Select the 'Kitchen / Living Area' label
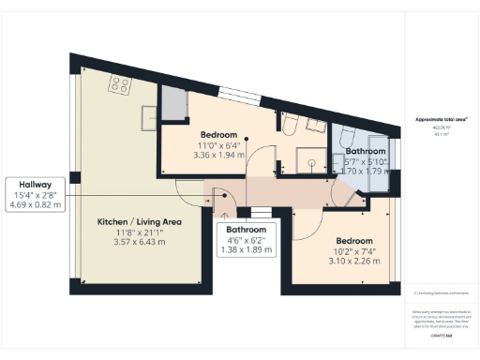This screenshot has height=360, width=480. (x=140, y=222)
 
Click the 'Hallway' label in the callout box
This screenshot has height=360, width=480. (x=36, y=185)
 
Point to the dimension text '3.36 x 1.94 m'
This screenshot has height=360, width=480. (x=217, y=155)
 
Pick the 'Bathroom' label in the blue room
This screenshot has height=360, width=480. (x=365, y=151)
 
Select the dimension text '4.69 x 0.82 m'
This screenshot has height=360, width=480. (x=36, y=203)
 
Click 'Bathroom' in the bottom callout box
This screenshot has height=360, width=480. (x=247, y=230)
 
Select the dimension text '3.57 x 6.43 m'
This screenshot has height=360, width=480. (x=140, y=242)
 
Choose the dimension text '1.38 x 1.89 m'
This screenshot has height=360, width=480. (x=247, y=250)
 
